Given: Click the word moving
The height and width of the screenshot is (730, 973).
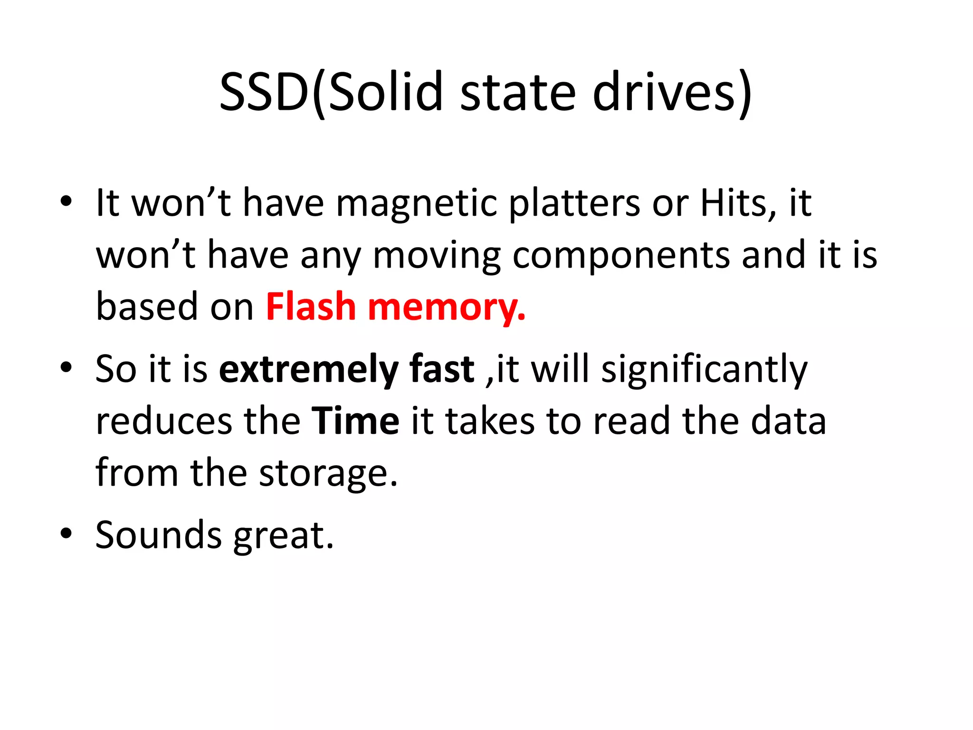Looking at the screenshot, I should tap(437, 256).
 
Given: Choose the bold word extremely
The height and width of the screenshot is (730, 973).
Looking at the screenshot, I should tap(308, 370).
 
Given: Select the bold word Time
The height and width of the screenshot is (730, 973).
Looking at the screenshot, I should tap(355, 421).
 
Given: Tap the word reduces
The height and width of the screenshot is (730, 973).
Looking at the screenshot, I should tap(164, 422).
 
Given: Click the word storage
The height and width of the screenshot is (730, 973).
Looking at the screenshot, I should tap(328, 474).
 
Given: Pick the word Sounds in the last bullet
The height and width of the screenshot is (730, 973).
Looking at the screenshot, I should tap(159, 535).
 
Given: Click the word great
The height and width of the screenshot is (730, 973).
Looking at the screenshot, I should tap(284, 536).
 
